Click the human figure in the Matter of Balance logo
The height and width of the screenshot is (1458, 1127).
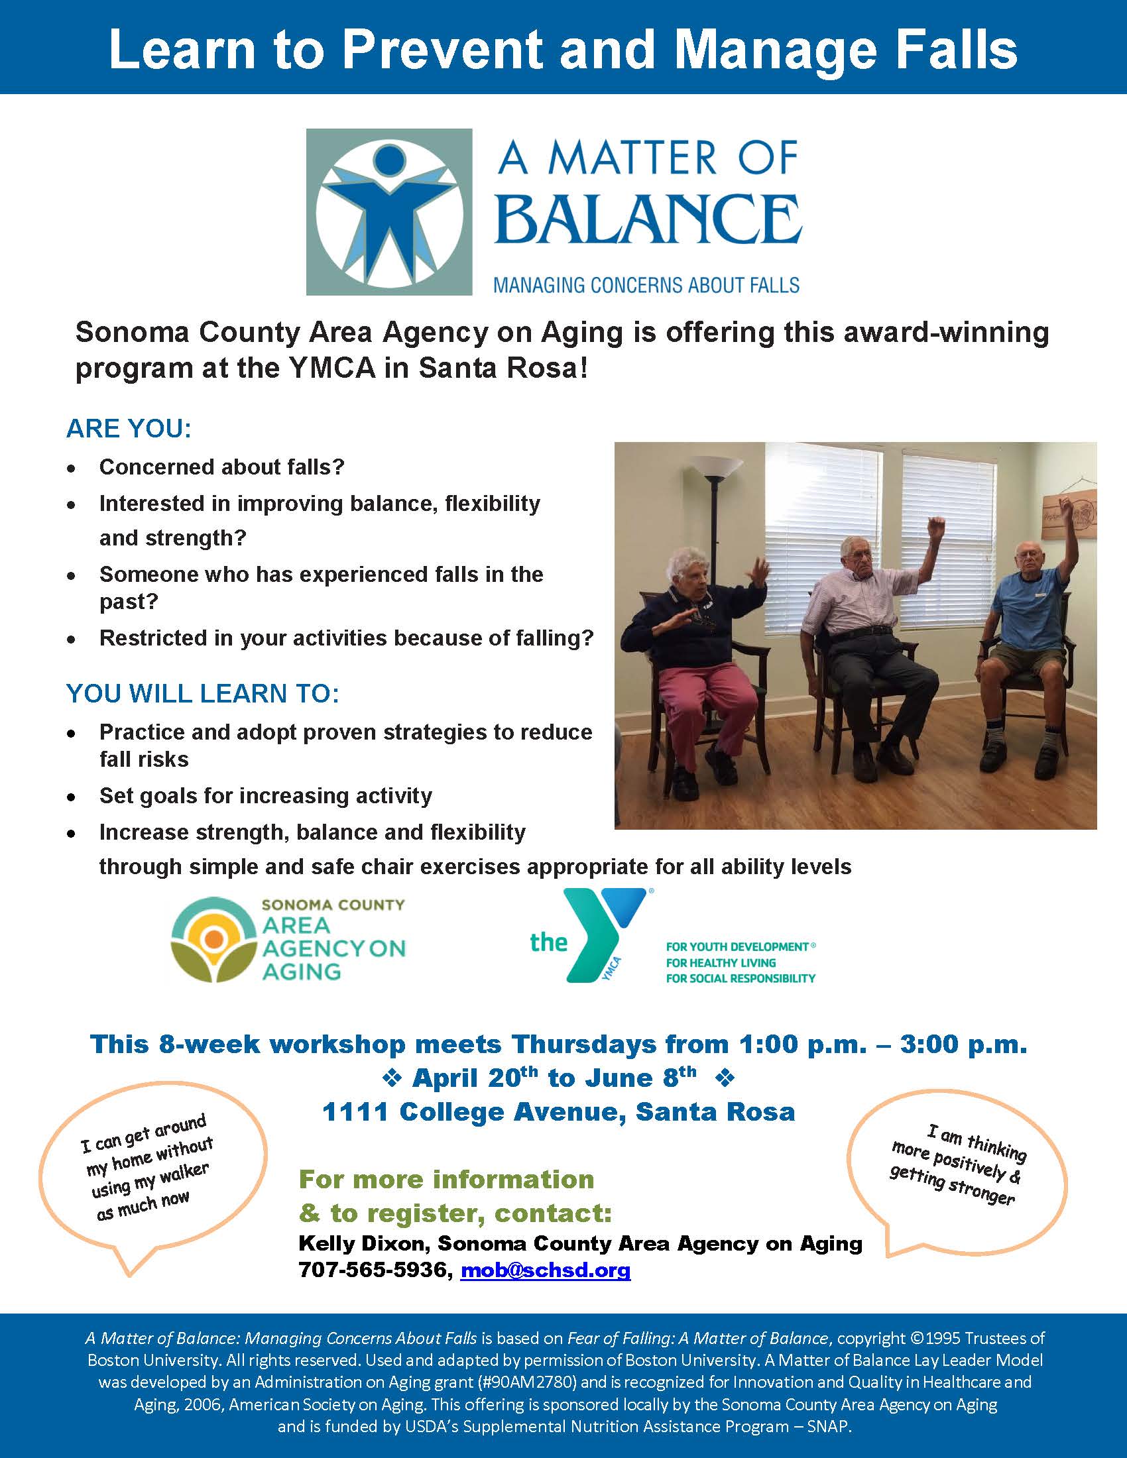tap(388, 210)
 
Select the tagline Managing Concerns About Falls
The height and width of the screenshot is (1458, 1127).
tap(646, 286)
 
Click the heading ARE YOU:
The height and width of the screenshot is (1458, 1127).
tap(129, 429)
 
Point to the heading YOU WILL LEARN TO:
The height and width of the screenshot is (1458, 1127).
tap(203, 694)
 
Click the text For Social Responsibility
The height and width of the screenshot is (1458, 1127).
tap(741, 978)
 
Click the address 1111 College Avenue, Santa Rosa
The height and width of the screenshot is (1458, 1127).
tap(559, 1111)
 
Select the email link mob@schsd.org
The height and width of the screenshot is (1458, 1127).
tap(546, 1270)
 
